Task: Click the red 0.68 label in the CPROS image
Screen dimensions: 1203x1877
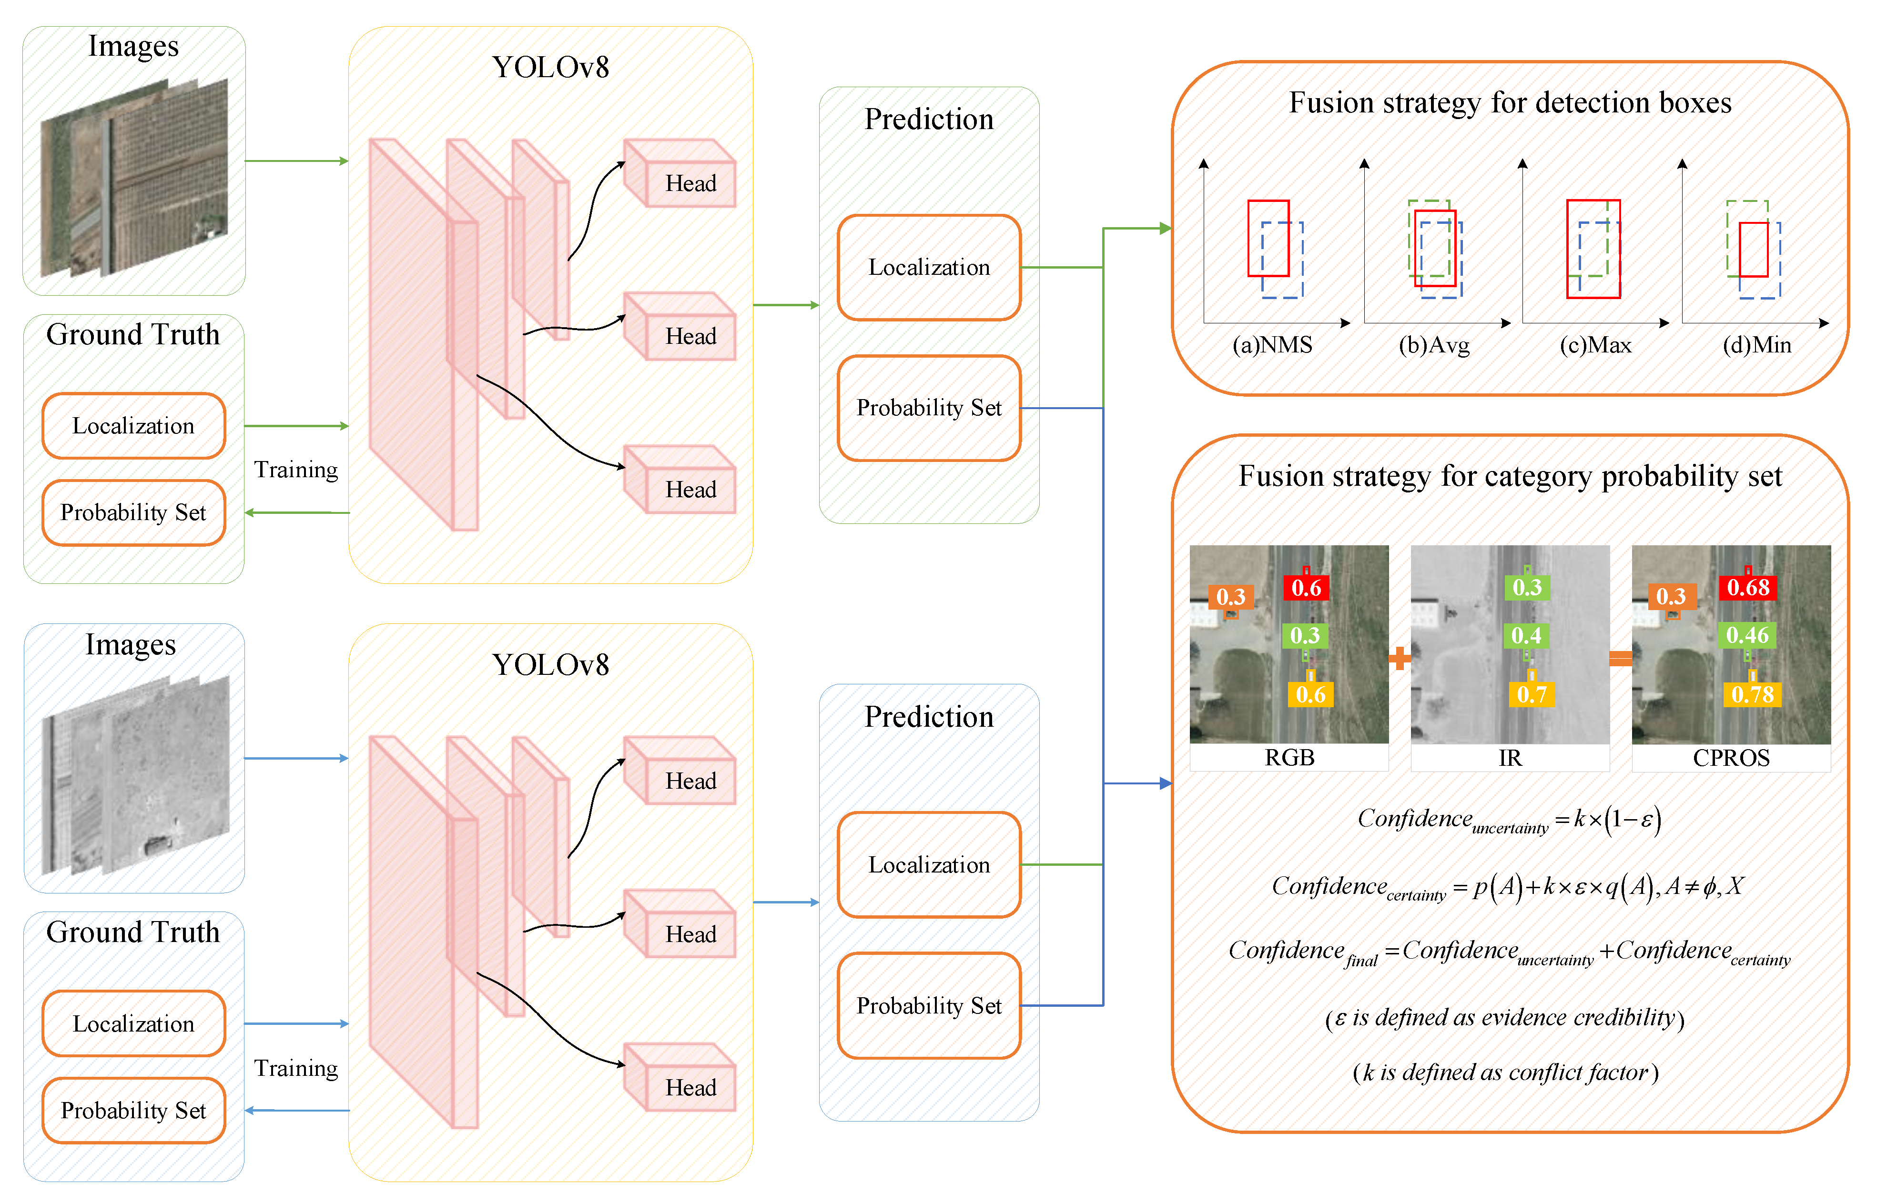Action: [1747, 587]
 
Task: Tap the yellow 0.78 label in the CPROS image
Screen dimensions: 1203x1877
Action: [1752, 694]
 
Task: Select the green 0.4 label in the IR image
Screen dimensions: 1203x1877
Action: [1526, 636]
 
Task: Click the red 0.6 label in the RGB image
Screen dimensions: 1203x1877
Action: [1306, 587]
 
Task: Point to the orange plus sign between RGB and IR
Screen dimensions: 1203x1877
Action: [1400, 659]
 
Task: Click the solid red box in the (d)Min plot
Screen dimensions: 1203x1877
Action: [1754, 250]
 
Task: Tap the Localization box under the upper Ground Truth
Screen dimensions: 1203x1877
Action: [133, 426]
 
